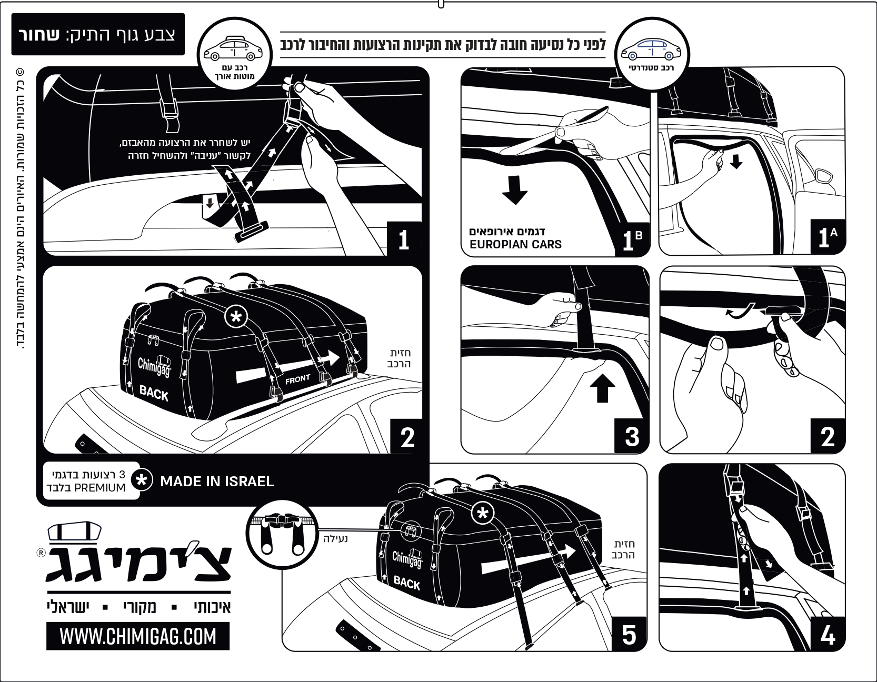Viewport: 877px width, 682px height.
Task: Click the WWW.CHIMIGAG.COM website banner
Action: [x=138, y=636]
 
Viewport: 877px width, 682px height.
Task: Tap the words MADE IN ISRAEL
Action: [x=217, y=481]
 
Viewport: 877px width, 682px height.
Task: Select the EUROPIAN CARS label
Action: [x=515, y=244]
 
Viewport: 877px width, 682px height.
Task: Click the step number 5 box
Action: [x=629, y=635]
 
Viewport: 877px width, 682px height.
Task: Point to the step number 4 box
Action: [x=828, y=635]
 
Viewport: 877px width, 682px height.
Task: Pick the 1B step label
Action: [x=631, y=239]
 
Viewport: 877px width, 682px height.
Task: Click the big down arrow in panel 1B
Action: [x=514, y=190]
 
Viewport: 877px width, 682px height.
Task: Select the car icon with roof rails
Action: [x=233, y=50]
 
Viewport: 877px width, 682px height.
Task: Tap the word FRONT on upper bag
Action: [x=297, y=379]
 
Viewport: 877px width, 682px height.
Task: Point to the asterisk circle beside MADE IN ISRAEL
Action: [x=144, y=480]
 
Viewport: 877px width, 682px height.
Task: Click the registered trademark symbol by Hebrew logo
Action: [x=41, y=553]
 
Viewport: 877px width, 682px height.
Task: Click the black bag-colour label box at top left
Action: [x=98, y=34]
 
